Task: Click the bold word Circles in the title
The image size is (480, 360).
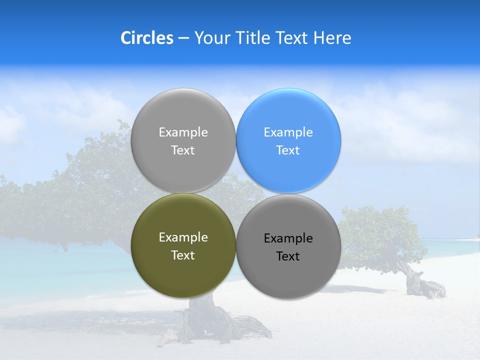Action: coord(146,38)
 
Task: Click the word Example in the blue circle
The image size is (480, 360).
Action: coord(288,132)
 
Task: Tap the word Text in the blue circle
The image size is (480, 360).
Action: coord(288,150)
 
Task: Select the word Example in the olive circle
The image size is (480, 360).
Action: coord(183,237)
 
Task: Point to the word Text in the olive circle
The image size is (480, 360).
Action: coord(183,255)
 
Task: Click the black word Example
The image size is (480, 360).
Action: coord(288,238)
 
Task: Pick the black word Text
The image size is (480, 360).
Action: coord(288,256)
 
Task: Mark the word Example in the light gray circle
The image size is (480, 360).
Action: coord(183,132)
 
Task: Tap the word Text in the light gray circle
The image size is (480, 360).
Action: coord(183,150)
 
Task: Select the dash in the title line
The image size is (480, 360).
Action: coord(183,38)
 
